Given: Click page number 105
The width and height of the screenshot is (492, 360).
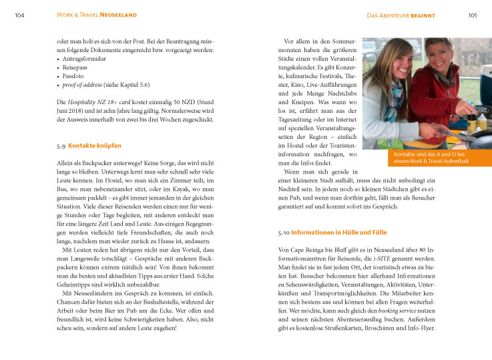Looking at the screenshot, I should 472,15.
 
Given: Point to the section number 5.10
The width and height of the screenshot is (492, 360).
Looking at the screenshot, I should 283,232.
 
